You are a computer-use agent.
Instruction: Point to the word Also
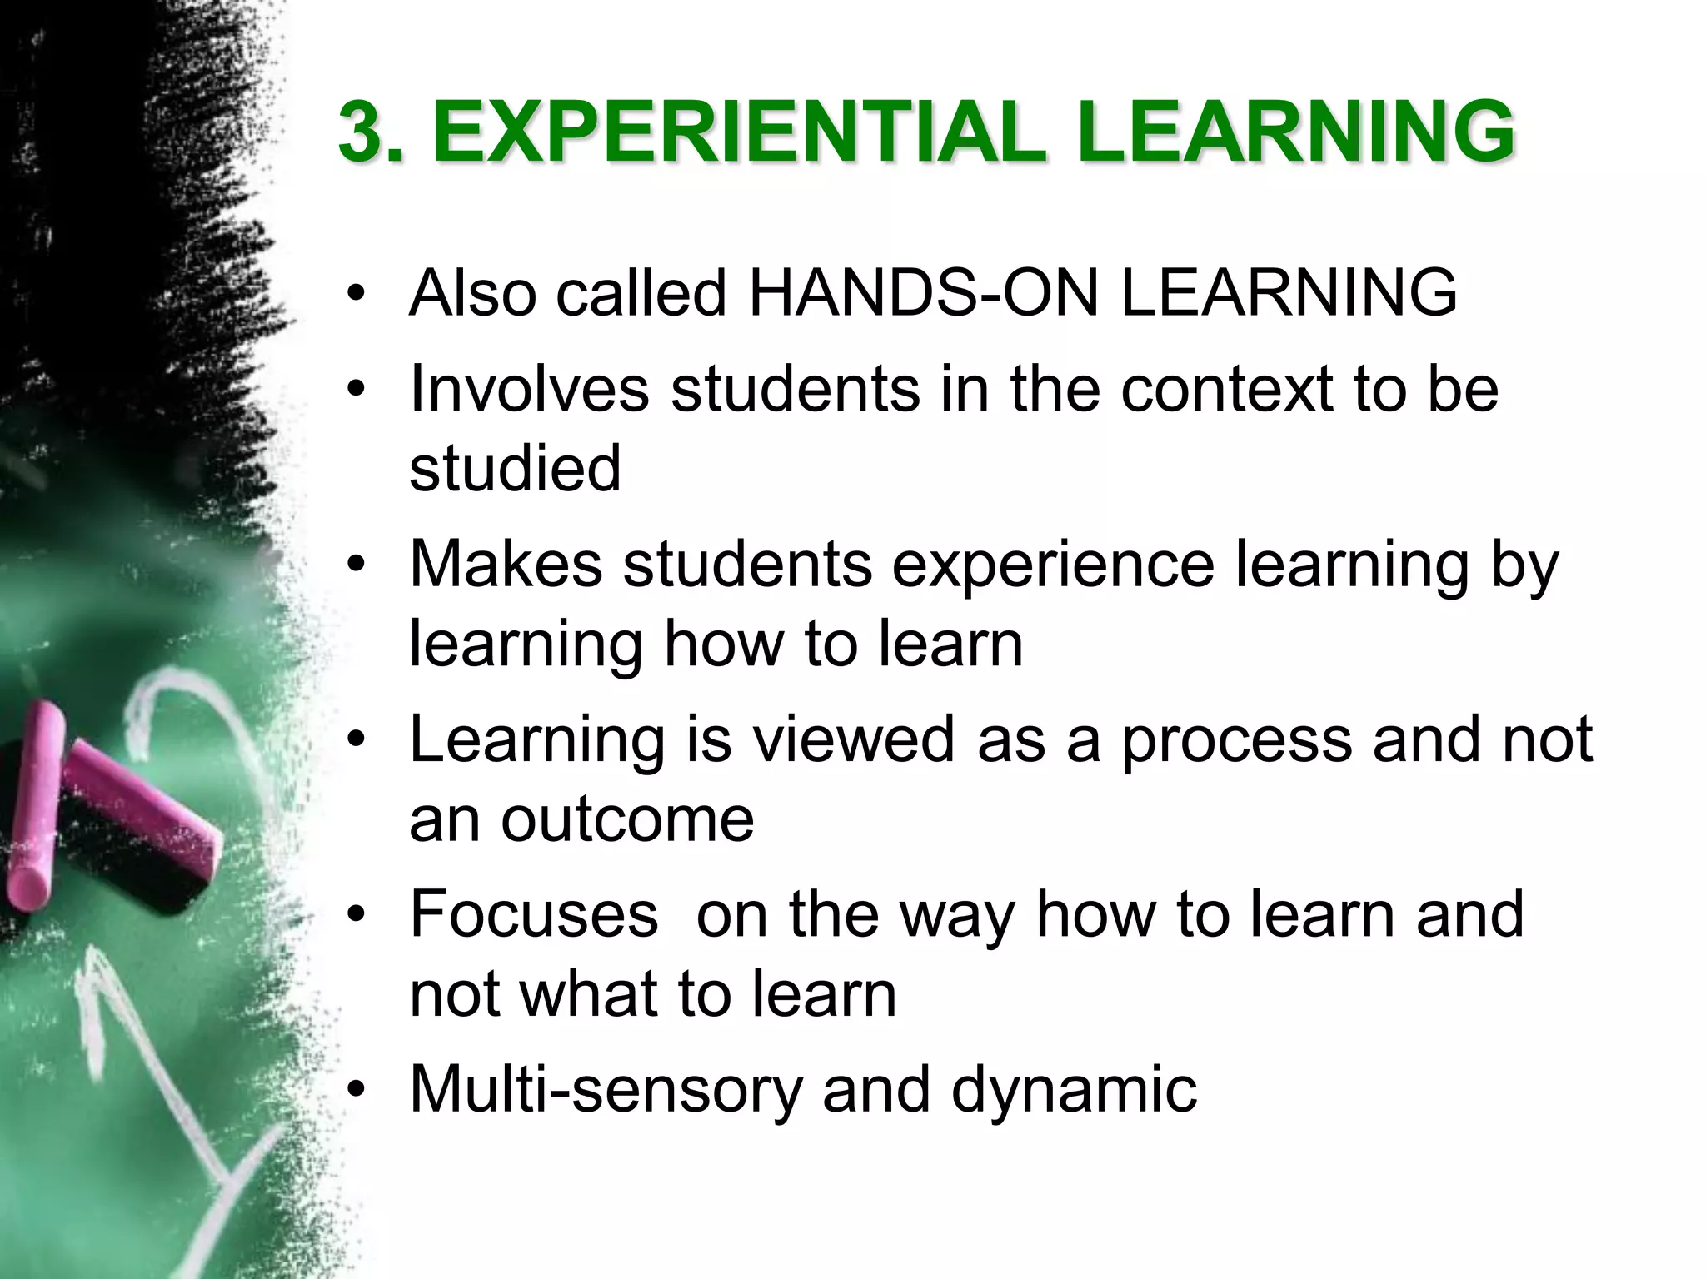coord(472,293)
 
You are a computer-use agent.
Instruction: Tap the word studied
coord(515,468)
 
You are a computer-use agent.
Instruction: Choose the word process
coord(1236,741)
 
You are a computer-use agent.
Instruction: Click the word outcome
coord(626,819)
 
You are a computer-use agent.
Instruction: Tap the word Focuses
coord(533,914)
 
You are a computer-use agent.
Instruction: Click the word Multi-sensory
coord(606,1091)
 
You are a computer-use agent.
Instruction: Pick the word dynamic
coord(1074,1091)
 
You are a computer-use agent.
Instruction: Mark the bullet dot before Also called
coord(357,294)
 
